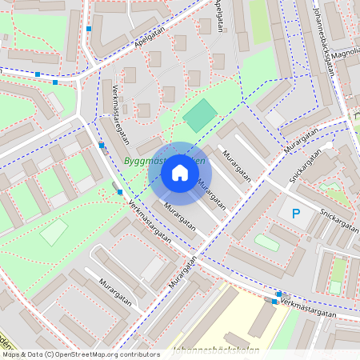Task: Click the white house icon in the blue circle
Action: pos(180,173)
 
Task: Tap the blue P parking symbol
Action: pos(296,214)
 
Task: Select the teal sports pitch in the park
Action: pos(199,116)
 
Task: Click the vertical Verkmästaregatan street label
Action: pos(119,113)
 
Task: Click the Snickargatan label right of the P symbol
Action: pos(337,216)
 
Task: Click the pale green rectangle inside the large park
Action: pos(54,232)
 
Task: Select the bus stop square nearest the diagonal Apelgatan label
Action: pos(89,29)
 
